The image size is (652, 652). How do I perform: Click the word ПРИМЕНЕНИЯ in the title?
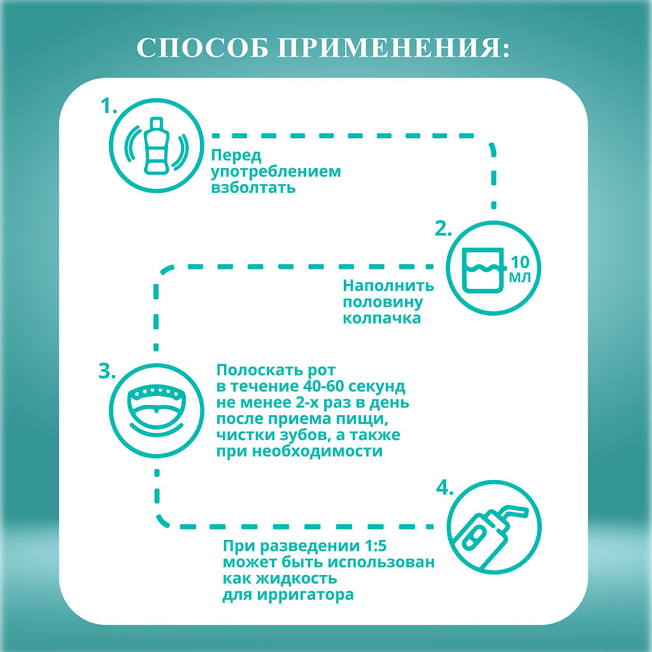[395, 49]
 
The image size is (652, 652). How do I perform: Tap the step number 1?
[110, 106]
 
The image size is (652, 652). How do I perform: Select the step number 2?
[443, 229]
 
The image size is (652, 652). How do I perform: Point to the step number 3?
[106, 371]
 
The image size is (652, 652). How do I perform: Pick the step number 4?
[444, 488]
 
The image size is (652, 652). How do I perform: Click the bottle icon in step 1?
[157, 146]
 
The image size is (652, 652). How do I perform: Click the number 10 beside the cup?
[521, 262]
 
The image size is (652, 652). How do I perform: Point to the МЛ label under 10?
[520, 278]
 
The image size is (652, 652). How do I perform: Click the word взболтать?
[253, 188]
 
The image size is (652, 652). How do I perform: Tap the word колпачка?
[382, 319]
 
